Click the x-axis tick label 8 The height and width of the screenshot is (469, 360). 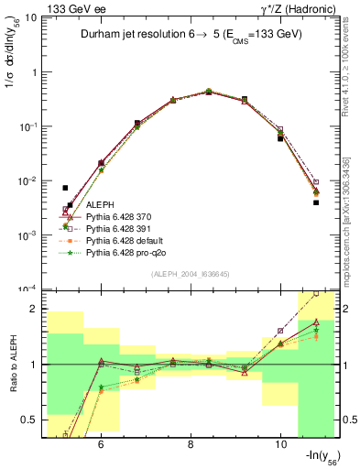click(x=191, y=442)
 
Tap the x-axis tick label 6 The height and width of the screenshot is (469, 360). click(x=100, y=442)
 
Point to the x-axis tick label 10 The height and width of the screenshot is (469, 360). click(x=280, y=442)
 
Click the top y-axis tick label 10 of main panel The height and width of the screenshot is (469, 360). click(x=30, y=17)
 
